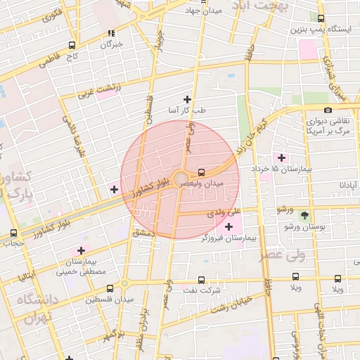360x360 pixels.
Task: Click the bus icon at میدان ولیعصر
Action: click(202, 172)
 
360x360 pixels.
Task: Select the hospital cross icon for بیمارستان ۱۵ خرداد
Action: click(283, 157)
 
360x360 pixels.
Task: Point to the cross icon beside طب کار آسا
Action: click(187, 99)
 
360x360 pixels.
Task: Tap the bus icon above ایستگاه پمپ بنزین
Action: click(321, 20)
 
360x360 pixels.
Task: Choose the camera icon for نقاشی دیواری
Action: click(328, 110)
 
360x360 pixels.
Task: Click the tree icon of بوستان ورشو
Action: click(304, 216)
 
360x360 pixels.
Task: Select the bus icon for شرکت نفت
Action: click(202, 279)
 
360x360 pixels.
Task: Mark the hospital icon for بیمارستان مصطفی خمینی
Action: click(82, 250)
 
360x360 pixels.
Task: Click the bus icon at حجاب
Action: click(14, 233)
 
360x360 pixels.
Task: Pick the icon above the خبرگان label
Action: click(111, 32)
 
